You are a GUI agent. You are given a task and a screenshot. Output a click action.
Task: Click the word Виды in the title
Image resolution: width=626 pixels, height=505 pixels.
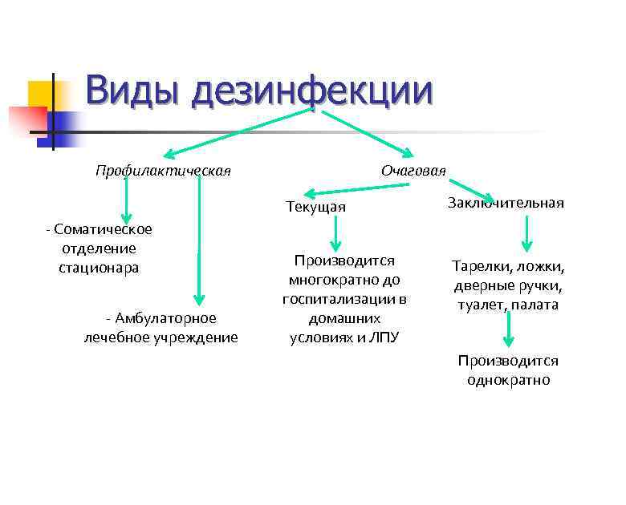[x=133, y=90]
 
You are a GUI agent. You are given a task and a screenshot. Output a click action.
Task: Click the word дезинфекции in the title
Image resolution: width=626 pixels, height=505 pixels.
[x=312, y=90]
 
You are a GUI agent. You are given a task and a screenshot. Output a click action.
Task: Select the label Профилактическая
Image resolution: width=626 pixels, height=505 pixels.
[x=163, y=170]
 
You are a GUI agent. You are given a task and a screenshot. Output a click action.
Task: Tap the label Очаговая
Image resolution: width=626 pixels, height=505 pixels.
[x=413, y=170]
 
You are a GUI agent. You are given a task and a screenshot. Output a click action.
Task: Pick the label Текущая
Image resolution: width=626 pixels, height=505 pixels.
[x=316, y=208]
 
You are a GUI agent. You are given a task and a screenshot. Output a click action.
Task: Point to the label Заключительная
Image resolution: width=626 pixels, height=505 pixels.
[x=506, y=203]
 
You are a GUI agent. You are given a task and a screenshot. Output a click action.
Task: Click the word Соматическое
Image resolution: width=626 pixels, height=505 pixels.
[x=103, y=229]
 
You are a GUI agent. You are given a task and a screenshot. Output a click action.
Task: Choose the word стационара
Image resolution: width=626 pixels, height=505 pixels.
[x=98, y=268]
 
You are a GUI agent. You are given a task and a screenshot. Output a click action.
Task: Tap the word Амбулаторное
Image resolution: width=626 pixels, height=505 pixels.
[x=165, y=318]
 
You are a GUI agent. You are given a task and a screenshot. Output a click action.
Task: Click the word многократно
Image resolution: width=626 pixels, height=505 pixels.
[x=343, y=280]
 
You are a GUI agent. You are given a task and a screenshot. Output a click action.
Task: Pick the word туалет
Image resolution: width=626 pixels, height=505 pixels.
[x=478, y=305]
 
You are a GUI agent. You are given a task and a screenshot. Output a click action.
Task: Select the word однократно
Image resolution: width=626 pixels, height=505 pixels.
[x=508, y=380]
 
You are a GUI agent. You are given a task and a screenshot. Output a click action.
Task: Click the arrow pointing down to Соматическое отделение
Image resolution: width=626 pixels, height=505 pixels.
[x=126, y=200]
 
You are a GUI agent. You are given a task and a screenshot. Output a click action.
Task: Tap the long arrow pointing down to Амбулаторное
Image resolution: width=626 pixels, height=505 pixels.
[x=199, y=240]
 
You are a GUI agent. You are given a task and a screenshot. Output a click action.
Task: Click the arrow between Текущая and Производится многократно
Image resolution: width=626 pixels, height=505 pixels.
[x=336, y=234]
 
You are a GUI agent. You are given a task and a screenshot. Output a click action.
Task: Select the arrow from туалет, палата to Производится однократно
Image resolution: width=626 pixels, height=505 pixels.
[x=508, y=329]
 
